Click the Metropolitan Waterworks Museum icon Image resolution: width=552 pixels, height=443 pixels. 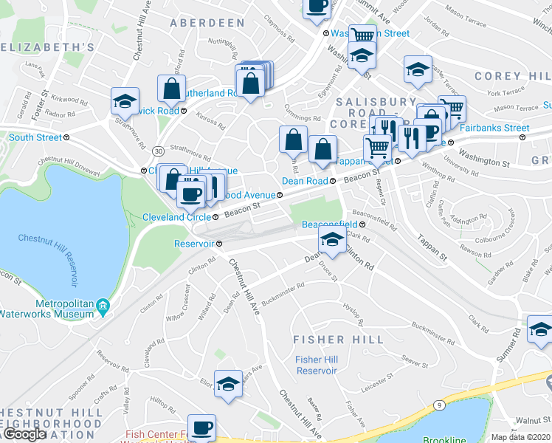(x=103, y=306)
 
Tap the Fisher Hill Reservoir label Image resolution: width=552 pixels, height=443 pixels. (x=317, y=365)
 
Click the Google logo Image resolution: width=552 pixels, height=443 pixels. (x=24, y=433)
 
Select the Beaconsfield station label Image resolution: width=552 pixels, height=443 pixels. (x=329, y=224)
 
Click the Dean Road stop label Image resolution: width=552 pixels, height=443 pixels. (x=305, y=181)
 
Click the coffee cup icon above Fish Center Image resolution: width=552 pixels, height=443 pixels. (x=201, y=427)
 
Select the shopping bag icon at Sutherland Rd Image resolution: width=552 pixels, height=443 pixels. (x=172, y=89)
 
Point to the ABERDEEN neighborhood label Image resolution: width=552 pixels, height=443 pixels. (x=207, y=23)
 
